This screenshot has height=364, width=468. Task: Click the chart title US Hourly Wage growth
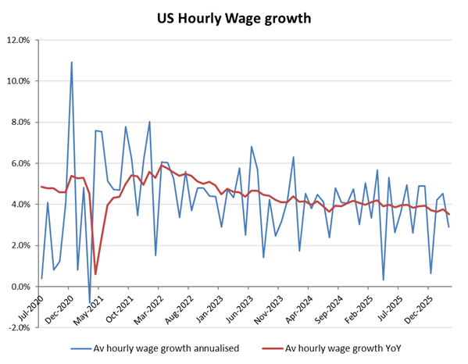point(234,17)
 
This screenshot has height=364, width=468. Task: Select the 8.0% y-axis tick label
point(20,123)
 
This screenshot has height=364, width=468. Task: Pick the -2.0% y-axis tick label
point(19,328)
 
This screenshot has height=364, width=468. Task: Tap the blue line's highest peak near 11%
point(72,62)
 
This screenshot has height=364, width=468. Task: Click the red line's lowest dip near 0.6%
point(95,274)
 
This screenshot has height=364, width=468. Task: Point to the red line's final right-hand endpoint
point(448,214)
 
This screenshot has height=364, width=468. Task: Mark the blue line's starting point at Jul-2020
point(41,278)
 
